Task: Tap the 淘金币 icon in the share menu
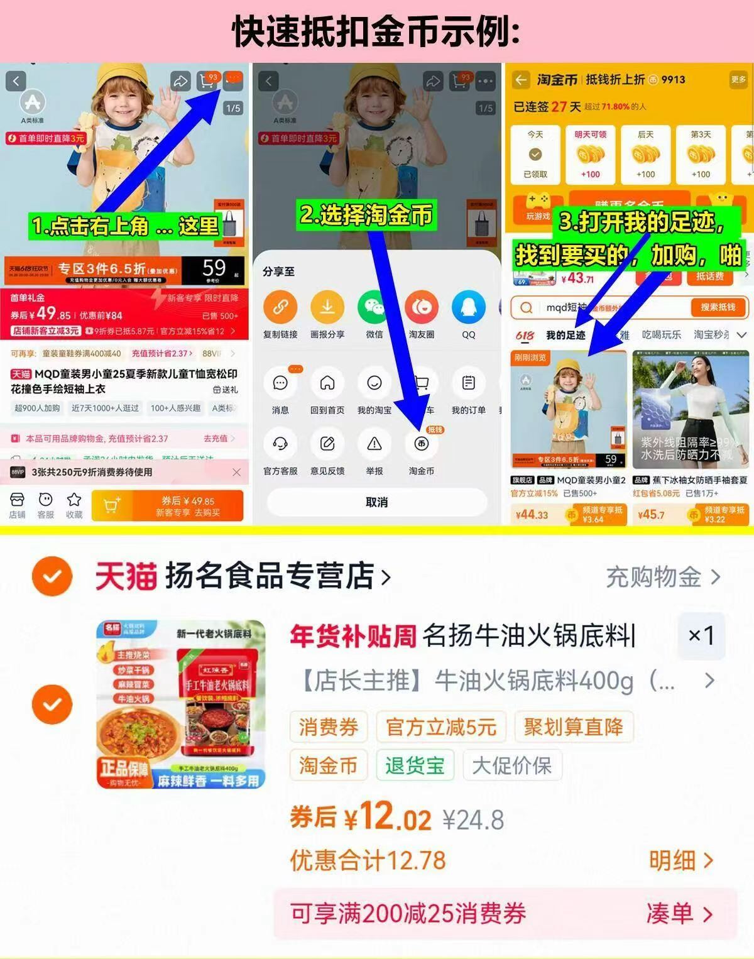tap(421, 444)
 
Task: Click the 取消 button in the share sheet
tap(376, 502)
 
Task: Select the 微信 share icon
tap(374, 308)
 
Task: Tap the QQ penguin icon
tap(468, 308)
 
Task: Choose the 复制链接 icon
tap(280, 308)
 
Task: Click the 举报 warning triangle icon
tap(374, 444)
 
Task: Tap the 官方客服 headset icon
tap(280, 444)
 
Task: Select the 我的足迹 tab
tap(565, 335)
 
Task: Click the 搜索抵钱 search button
tap(717, 307)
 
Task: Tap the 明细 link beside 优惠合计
tap(680, 861)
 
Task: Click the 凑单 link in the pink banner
tap(679, 914)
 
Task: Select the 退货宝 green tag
tap(415, 765)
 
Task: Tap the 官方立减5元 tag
tap(441, 727)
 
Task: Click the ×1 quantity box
tap(701, 636)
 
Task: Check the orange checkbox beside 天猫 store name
tap(52, 576)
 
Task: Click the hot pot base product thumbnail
tap(181, 704)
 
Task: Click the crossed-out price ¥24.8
tap(473, 820)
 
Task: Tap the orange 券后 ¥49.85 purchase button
tap(167, 506)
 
